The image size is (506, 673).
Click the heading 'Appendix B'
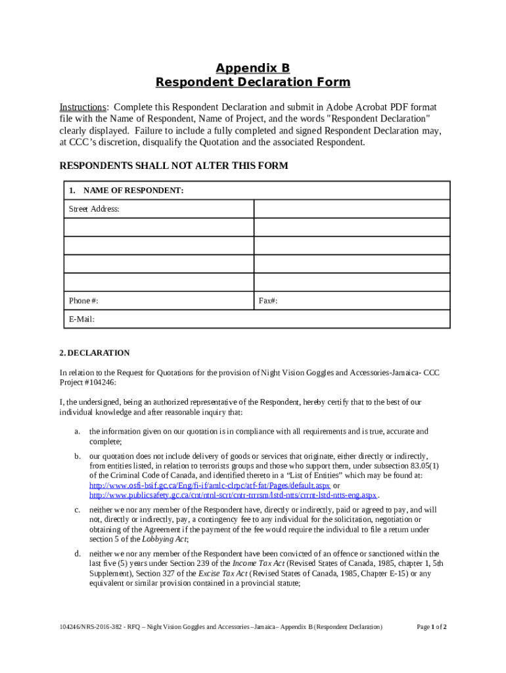(253, 68)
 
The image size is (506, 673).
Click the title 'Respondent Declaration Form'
(253, 83)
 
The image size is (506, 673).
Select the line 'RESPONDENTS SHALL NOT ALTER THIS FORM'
(173, 166)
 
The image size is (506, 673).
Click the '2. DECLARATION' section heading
(95, 353)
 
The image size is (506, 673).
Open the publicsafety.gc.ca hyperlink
(233, 494)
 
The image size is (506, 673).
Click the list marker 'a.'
(77, 431)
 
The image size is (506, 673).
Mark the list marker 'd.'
(77, 553)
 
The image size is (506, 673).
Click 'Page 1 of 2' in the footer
(432, 626)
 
